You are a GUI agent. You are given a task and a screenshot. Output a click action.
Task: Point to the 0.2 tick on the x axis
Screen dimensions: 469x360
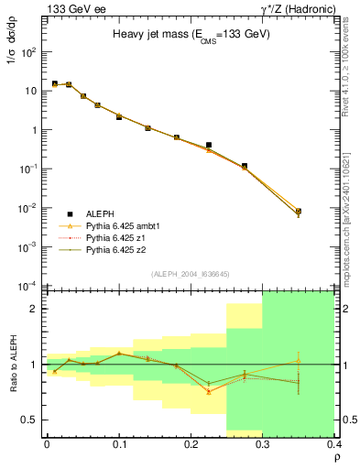(x=191, y=443)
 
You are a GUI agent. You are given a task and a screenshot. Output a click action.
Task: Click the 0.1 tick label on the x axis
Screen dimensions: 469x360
(x=118, y=443)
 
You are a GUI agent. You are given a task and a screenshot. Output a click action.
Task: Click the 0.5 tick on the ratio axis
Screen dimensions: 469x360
(x=32, y=420)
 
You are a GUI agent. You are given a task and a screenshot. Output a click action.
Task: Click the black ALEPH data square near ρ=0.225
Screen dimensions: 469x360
(x=208, y=145)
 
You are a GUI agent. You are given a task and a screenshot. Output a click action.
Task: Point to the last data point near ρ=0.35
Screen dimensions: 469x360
(x=298, y=212)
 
